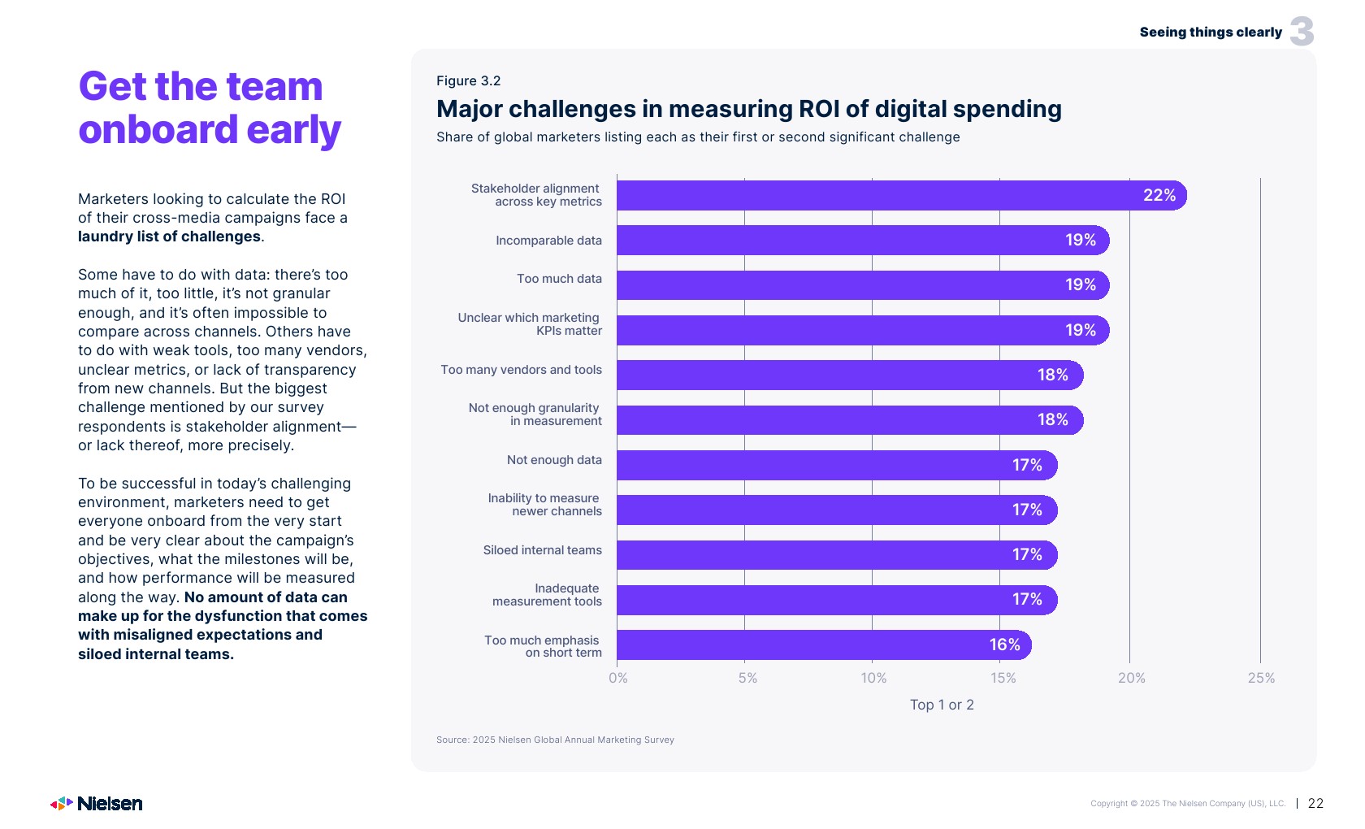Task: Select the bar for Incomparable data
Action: click(861, 241)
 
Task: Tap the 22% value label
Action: click(1159, 196)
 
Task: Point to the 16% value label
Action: click(1004, 645)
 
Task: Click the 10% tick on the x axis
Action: click(873, 679)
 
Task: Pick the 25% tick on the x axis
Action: click(1261, 679)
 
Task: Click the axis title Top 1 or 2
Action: click(942, 705)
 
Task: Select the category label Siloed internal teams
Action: click(542, 551)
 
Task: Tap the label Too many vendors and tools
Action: click(521, 371)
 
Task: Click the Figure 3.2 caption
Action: click(468, 81)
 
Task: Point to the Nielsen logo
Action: click(97, 804)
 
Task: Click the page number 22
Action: click(1315, 804)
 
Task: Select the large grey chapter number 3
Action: click(1302, 33)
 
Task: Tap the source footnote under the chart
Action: click(555, 740)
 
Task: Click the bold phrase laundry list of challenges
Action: click(169, 237)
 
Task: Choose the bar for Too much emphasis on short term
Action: click(821, 645)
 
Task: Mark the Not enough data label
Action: click(554, 461)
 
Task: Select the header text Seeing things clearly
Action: click(1210, 33)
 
